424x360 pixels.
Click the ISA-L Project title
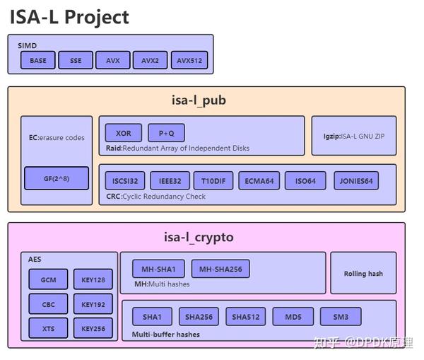69,16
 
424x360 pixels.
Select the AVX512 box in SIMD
189,61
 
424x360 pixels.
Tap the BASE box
38,61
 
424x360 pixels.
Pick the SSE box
76,61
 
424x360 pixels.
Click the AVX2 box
150,61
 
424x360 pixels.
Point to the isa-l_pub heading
199,100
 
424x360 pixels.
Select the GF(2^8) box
57,178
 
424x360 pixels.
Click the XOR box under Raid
124,133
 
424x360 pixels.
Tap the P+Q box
166,133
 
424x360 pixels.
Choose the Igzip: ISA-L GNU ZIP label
354,136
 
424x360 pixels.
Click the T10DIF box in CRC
213,181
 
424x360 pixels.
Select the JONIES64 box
356,181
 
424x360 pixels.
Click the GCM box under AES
48,280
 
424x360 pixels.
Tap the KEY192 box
93,305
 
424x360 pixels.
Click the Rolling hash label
363,274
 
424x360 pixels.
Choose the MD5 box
293,316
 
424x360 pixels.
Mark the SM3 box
341,316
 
